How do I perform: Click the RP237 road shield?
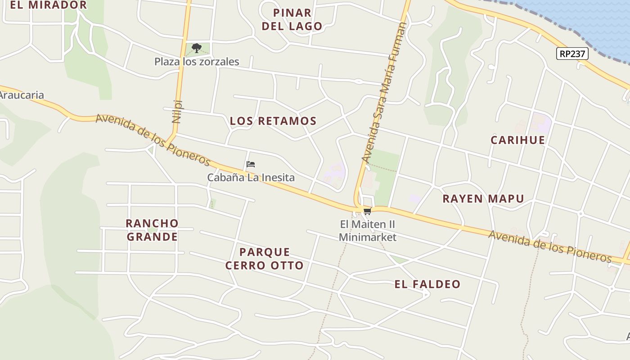click(572, 54)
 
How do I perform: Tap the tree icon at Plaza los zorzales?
click(196, 48)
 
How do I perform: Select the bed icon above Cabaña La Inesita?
click(251, 164)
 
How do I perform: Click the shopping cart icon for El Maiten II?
click(367, 211)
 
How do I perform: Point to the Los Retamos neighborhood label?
click(273, 121)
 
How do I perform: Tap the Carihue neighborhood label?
click(517, 140)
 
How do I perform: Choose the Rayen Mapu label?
click(483, 199)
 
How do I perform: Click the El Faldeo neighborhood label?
click(427, 284)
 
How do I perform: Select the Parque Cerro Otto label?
click(265, 259)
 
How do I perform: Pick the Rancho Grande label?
click(152, 230)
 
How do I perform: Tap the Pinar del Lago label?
click(292, 19)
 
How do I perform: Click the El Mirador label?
click(48, 5)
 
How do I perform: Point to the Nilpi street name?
click(176, 112)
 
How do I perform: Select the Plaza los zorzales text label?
click(197, 62)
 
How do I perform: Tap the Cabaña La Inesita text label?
click(251, 178)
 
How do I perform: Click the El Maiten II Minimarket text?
click(368, 231)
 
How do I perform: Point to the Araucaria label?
click(22, 95)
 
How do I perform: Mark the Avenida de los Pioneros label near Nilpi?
click(153, 139)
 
